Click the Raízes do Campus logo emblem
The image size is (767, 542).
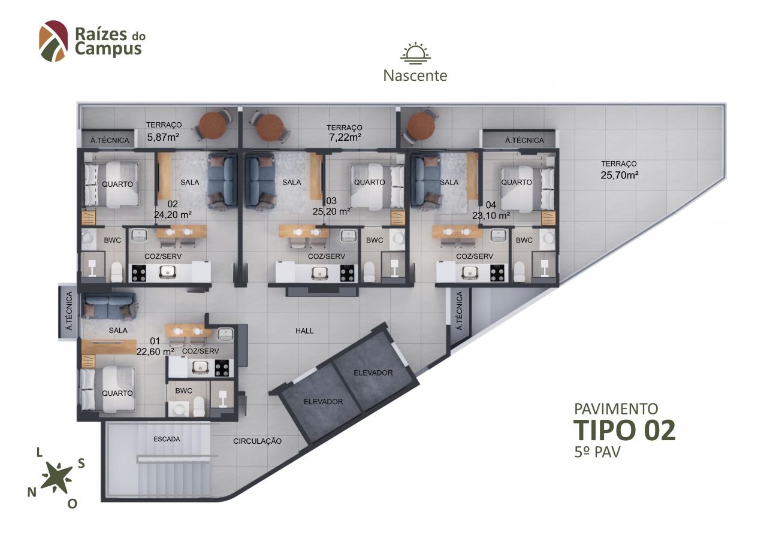(x=53, y=41)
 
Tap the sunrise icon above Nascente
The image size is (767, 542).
(x=415, y=53)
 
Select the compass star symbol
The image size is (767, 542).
(x=56, y=478)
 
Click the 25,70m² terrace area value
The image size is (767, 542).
(x=620, y=175)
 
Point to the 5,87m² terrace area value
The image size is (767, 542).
(x=164, y=137)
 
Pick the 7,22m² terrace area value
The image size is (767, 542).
(x=345, y=137)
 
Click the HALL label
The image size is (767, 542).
(x=304, y=331)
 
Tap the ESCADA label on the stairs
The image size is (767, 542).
(x=167, y=439)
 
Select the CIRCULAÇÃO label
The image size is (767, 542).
(x=258, y=441)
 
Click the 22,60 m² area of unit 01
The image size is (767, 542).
(x=155, y=352)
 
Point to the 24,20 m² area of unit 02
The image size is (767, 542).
(x=173, y=215)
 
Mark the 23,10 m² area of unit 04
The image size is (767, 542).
(x=491, y=216)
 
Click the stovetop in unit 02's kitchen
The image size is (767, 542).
(x=139, y=273)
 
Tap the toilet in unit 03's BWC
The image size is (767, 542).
(x=369, y=272)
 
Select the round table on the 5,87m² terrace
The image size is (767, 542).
(x=213, y=125)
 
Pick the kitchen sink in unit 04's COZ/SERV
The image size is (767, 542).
(x=470, y=273)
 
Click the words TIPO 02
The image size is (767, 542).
(x=624, y=430)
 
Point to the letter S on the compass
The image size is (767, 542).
(x=81, y=464)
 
